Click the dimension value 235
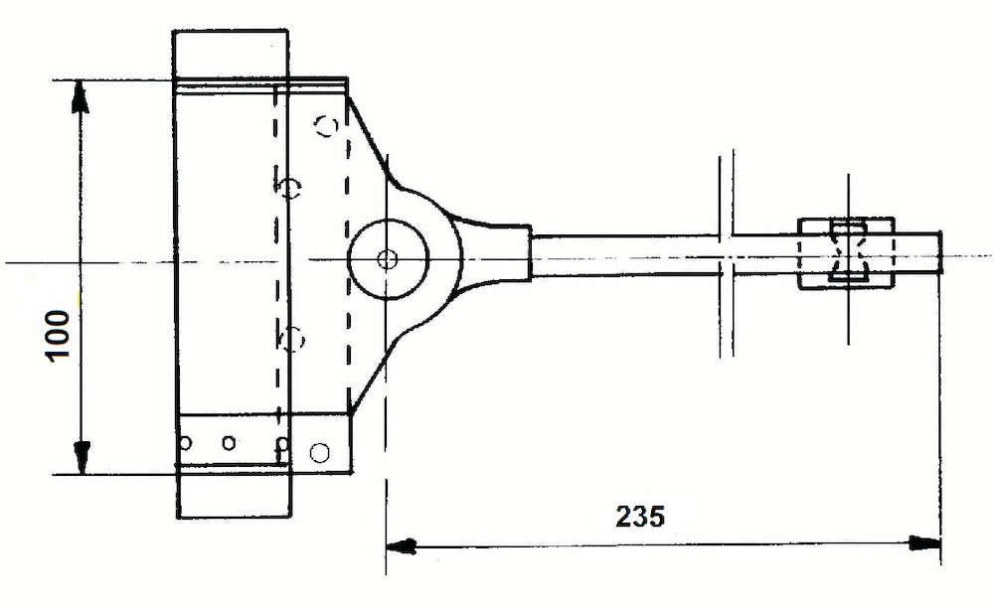click(640, 517)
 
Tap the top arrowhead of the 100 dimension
click(80, 96)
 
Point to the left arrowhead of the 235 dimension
click(402, 546)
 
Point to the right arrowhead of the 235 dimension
click(924, 543)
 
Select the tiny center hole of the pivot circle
click(386, 259)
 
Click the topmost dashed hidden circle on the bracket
click(327, 126)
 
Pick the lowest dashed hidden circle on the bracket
click(292, 339)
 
